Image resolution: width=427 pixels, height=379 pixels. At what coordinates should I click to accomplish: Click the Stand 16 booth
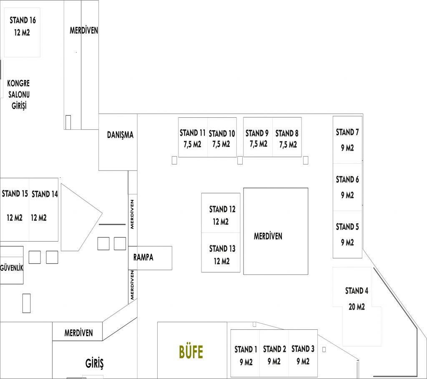(22, 32)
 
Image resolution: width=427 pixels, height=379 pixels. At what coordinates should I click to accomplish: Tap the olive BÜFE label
(191, 352)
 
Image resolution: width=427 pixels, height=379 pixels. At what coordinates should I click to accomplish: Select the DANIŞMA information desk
(118, 142)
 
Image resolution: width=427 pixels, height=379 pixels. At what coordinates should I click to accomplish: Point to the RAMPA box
(150, 258)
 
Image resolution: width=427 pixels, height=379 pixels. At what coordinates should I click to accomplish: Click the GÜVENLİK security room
(12, 265)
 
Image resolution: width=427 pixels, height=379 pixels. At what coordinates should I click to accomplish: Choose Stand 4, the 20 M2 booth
(357, 306)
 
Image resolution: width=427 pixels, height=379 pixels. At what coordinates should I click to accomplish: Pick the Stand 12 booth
(221, 213)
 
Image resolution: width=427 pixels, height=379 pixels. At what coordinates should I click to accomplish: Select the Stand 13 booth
(221, 253)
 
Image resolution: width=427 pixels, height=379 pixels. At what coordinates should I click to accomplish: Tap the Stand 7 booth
(347, 140)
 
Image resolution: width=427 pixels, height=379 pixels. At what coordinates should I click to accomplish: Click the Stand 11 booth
(193, 137)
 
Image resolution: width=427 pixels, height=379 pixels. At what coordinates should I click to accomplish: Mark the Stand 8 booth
(287, 137)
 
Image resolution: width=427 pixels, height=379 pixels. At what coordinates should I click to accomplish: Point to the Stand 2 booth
(274, 354)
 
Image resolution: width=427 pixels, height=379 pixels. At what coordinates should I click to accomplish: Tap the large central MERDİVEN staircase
(276, 231)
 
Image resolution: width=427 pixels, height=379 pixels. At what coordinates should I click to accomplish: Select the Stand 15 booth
(15, 210)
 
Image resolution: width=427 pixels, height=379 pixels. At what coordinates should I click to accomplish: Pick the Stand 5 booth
(347, 235)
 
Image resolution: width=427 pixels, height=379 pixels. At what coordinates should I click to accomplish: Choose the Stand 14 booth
(43, 210)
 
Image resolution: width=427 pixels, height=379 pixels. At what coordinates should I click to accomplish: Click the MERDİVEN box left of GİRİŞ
(77, 331)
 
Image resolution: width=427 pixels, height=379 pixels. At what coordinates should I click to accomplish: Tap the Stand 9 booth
(258, 137)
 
